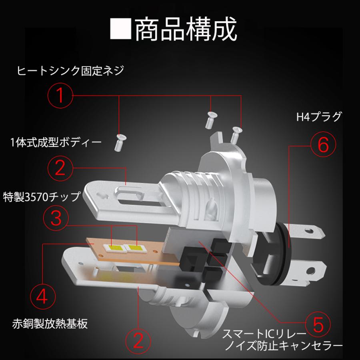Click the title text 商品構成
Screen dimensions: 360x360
[x=186, y=29]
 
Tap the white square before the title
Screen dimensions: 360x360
[x=120, y=28]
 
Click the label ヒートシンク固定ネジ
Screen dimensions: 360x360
[x=70, y=71]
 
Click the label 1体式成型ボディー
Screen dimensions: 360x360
[x=56, y=142]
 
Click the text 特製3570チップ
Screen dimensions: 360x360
[x=42, y=196]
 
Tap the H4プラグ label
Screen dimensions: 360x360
[x=319, y=117]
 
